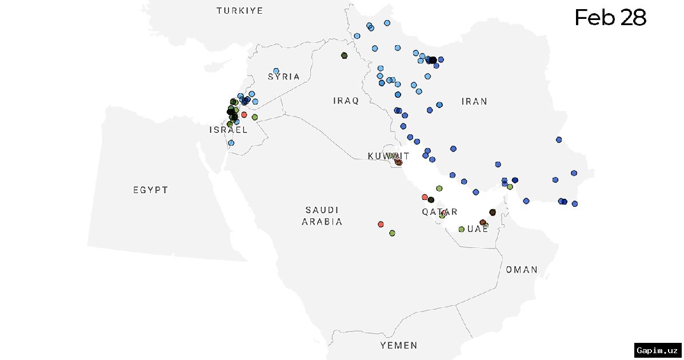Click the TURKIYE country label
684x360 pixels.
tap(239, 11)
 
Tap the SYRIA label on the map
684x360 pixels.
tap(284, 77)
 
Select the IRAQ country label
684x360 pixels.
tap(346, 101)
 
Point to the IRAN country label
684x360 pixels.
tap(474, 102)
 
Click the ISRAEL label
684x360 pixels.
tap(229, 130)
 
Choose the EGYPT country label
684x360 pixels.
tap(151, 190)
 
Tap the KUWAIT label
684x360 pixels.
tap(389, 156)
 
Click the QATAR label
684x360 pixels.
tap(439, 212)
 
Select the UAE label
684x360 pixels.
tap(478, 229)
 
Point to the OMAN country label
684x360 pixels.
tap(521, 270)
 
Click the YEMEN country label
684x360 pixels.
tap(399, 346)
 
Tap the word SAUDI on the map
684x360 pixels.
tap(322, 210)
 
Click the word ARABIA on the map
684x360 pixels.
tap(322, 222)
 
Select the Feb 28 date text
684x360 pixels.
tap(610, 18)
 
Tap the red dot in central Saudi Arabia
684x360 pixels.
tap(381, 224)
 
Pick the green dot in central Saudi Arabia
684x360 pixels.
tap(392, 233)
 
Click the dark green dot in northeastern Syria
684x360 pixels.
tap(344, 55)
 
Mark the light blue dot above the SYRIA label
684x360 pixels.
tap(276, 71)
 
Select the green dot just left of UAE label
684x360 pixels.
tap(461, 229)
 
